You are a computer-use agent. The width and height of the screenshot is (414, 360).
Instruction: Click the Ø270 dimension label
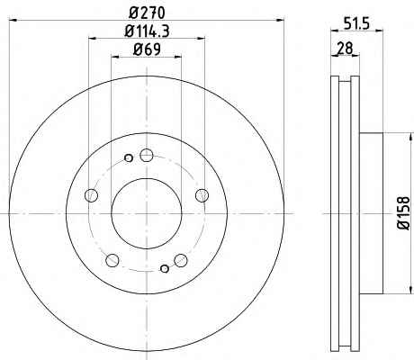coord(147,13)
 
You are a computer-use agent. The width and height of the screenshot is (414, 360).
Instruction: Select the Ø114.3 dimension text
coord(147,31)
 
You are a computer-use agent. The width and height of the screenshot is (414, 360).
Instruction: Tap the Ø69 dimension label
coord(147,49)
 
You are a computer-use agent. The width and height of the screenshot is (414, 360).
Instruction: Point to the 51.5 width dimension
coord(356,23)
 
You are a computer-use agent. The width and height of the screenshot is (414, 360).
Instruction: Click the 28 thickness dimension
coord(345,49)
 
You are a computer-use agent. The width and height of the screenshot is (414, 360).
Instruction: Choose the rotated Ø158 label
coord(403,213)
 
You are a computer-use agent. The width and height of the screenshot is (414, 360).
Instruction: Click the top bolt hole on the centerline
coord(147,155)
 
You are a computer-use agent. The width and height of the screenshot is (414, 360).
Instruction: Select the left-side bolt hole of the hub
coord(91,195)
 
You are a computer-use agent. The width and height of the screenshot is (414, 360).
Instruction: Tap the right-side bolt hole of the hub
coord(202,195)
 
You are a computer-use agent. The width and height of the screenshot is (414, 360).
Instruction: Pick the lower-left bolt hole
coord(112,260)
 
